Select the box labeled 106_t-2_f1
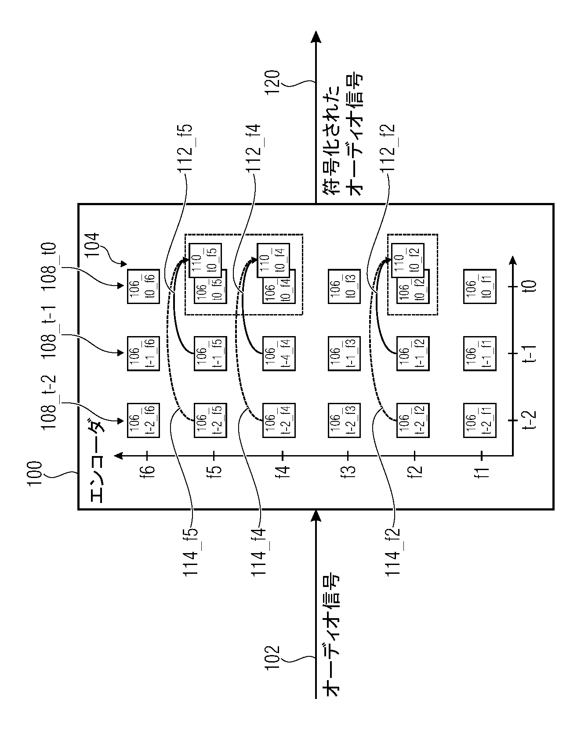479,421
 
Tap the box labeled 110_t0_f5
205,261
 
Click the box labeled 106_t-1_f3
345,354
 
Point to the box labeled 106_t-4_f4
279,354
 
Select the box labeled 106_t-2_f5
211,421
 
